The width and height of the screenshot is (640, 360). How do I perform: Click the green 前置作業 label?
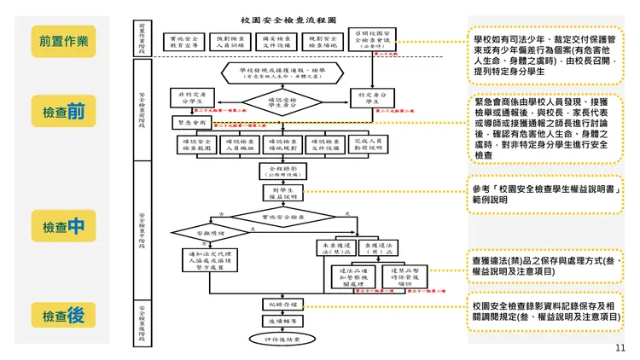pyautogui.click(x=63, y=40)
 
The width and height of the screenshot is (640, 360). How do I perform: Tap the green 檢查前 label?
pyautogui.click(x=63, y=111)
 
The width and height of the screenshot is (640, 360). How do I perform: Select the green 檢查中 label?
pyautogui.click(x=63, y=226)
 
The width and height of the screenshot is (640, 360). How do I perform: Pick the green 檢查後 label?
pyautogui.click(x=63, y=315)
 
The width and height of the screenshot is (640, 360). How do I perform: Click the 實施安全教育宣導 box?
pyautogui.click(x=184, y=42)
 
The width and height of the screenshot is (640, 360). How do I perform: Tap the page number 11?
pyautogui.click(x=620, y=347)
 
